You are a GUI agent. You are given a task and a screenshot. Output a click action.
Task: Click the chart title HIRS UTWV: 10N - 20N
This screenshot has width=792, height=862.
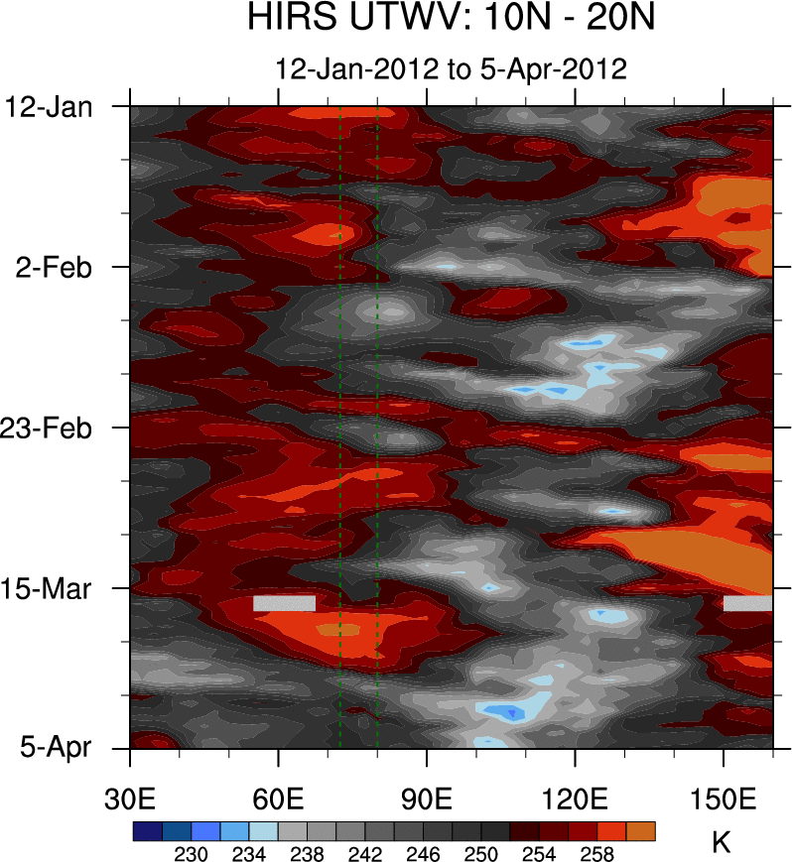451,19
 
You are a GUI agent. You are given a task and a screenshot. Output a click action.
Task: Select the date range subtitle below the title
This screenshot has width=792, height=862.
451,69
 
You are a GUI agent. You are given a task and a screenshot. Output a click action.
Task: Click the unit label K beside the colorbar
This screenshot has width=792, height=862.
722,843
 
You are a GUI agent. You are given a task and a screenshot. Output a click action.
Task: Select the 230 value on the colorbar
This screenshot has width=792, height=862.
191,852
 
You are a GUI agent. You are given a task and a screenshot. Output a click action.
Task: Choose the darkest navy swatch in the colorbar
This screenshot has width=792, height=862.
147,830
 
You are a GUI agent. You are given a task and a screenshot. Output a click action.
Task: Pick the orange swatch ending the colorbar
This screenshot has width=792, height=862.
641,830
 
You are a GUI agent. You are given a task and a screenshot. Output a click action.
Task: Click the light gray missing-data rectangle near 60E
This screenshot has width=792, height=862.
284,603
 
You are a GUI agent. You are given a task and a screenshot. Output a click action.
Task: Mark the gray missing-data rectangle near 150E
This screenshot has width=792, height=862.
747,603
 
